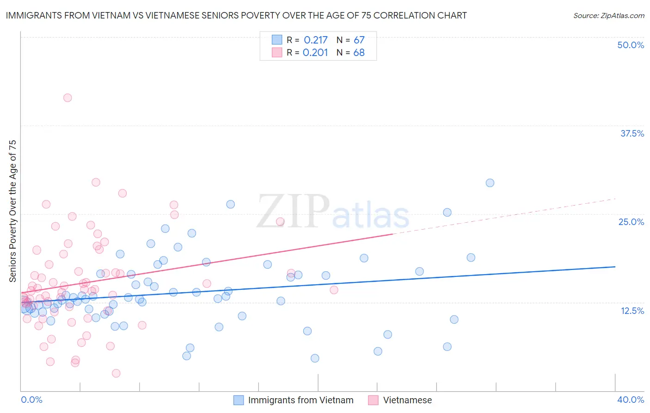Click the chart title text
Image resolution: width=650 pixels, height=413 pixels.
(236, 15)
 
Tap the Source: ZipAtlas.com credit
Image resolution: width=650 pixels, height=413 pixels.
(608, 15)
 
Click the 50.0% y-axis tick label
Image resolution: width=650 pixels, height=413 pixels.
(631, 45)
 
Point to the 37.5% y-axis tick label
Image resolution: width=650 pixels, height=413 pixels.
(632, 133)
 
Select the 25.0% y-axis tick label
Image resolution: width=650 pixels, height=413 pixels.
(631, 222)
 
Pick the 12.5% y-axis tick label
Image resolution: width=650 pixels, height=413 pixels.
(632, 311)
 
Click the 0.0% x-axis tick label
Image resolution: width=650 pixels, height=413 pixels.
(31, 400)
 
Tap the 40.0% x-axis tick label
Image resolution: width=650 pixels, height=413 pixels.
(631, 400)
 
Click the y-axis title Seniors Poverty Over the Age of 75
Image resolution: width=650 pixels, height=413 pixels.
(13, 211)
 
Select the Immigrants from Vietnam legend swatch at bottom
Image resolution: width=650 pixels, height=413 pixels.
(239, 400)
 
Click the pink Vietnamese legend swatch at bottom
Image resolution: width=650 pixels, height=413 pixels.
(374, 400)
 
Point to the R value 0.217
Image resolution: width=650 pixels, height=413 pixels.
(316, 40)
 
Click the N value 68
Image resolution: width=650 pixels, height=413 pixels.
(359, 53)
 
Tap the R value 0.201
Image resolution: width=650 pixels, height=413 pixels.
(315, 53)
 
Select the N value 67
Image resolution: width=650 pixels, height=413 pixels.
(359, 40)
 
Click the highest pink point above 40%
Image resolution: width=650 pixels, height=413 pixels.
(67, 98)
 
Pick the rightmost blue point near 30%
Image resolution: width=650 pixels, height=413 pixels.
(490, 183)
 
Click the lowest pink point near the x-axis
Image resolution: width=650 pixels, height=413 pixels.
(116, 373)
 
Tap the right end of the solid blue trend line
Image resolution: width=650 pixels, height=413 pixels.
(615, 267)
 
